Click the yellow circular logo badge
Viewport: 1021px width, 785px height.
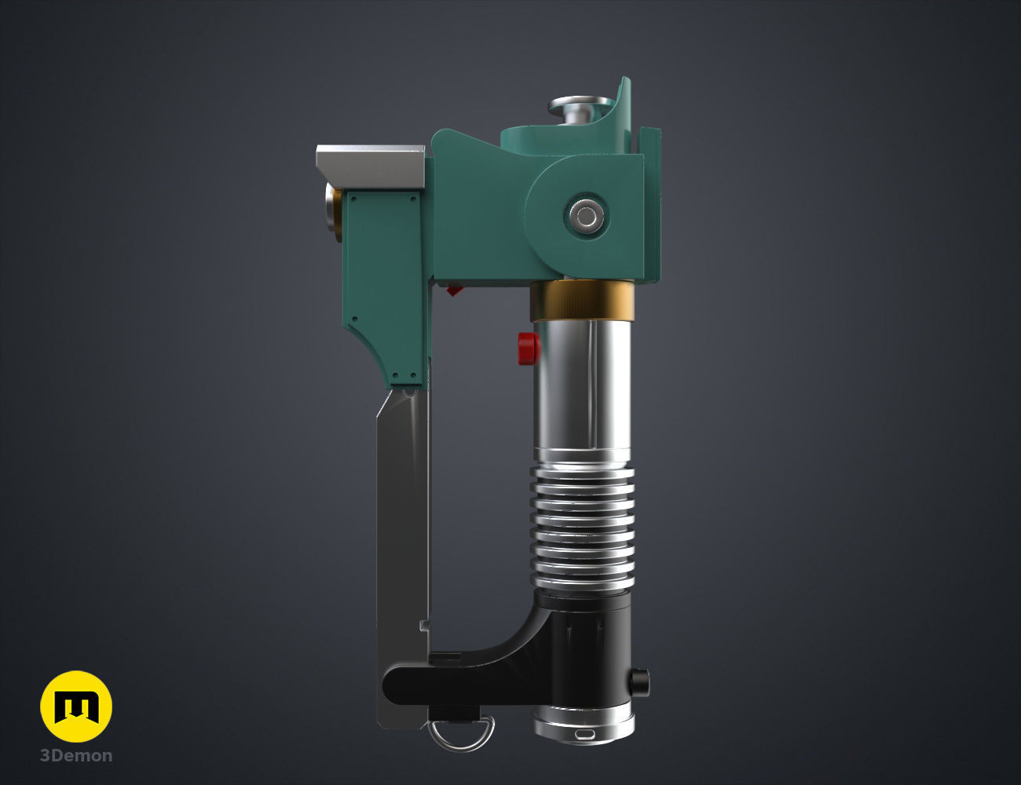pyautogui.click(x=76, y=706)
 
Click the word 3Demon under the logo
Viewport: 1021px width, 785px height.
pyautogui.click(x=76, y=756)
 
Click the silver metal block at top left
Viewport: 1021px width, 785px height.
pyautogui.click(x=369, y=165)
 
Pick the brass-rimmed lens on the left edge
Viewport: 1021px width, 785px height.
pyautogui.click(x=334, y=216)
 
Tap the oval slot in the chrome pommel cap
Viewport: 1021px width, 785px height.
pyautogui.click(x=585, y=735)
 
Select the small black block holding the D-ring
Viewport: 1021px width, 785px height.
pyautogui.click(x=454, y=711)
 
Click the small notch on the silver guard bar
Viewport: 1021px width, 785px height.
pyautogui.click(x=425, y=625)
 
